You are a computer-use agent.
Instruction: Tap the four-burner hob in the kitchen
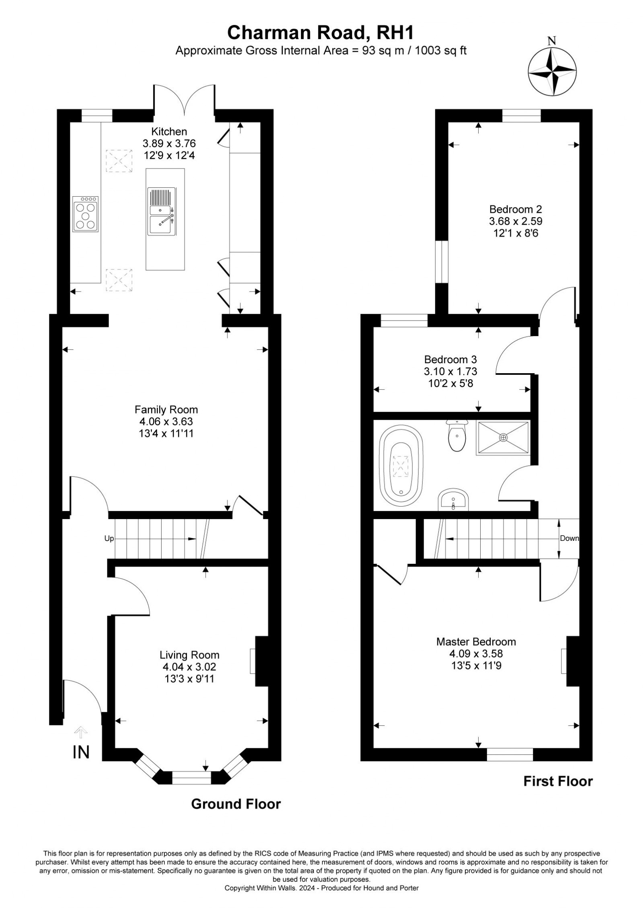(85, 214)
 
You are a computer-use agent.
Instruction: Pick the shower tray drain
(504, 437)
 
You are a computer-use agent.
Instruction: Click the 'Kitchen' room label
(169, 131)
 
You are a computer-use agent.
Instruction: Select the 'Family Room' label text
(166, 410)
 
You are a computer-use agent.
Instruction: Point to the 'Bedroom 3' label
(451, 359)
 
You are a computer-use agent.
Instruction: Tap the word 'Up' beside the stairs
(109, 538)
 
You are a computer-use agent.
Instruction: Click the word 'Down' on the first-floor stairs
(569, 538)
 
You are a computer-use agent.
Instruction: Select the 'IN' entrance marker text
(81, 752)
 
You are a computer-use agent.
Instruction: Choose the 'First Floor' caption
(558, 781)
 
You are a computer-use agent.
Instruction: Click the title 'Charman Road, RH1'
(320, 33)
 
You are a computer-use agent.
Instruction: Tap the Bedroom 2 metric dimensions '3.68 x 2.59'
(516, 221)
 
